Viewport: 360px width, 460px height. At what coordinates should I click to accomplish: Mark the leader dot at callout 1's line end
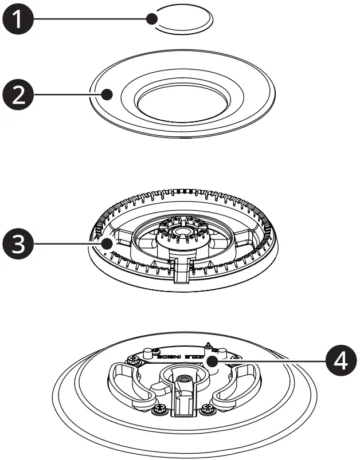coord(152,19)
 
